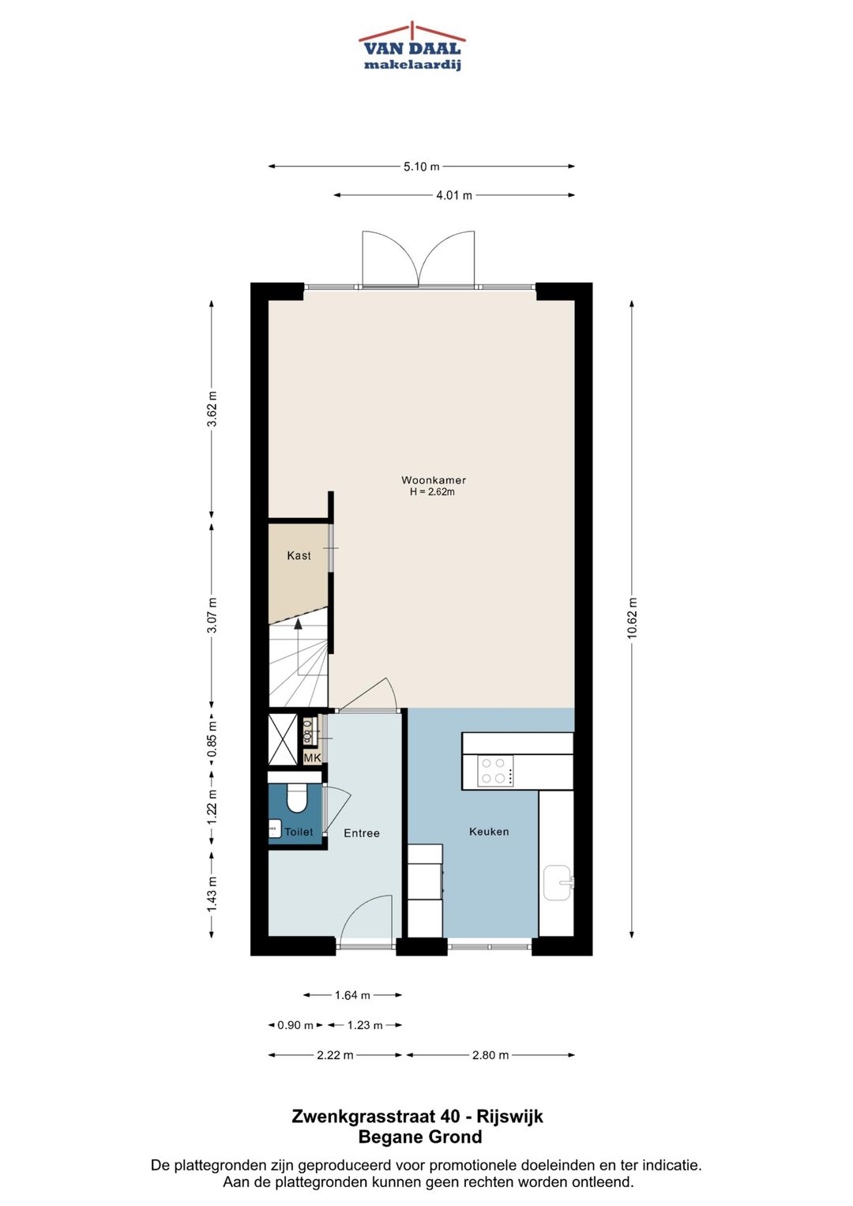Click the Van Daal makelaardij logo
coord(411,47)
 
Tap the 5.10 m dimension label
coord(421,167)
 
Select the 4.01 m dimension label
coord(453,195)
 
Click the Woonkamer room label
coord(434,480)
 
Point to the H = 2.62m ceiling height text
coord(432,492)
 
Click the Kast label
coord(299,555)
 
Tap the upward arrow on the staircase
coord(299,624)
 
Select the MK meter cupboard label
coord(312,757)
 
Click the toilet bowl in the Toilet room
coord(297,798)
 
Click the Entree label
coord(362,833)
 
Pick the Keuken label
coord(489,832)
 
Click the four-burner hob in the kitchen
coord(495,771)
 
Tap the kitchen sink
coord(558,882)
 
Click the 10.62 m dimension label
coord(632,618)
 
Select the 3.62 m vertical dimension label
coord(212,409)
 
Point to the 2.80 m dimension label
coord(490,1055)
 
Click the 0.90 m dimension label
coord(295,1025)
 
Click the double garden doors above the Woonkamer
coord(419,259)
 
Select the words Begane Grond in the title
coord(419,1137)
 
